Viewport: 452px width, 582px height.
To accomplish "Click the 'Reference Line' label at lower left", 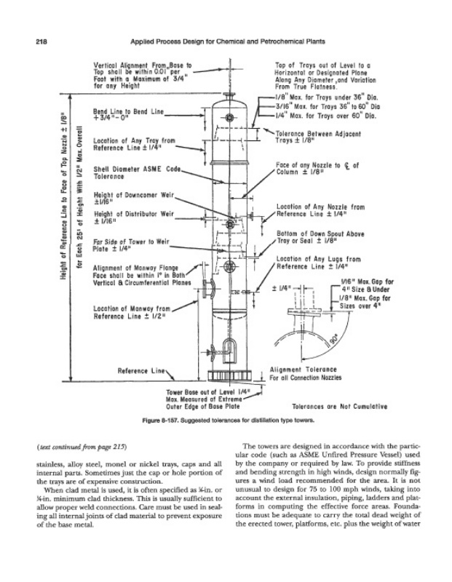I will coord(140,372).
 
